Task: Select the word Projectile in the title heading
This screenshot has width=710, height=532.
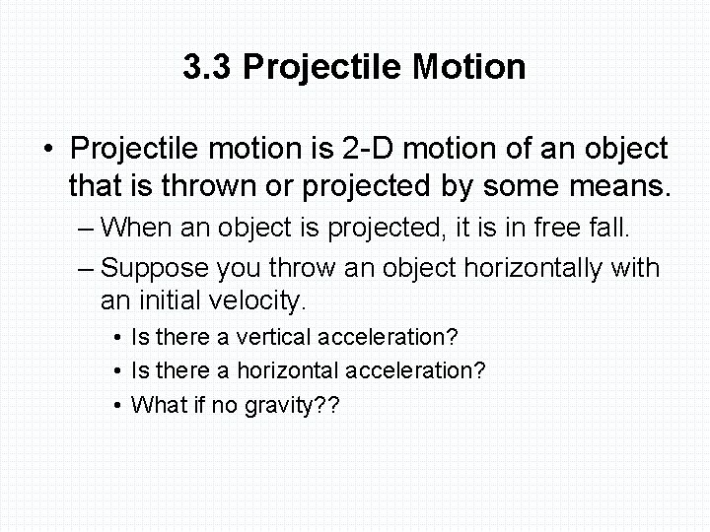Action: [322, 68]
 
